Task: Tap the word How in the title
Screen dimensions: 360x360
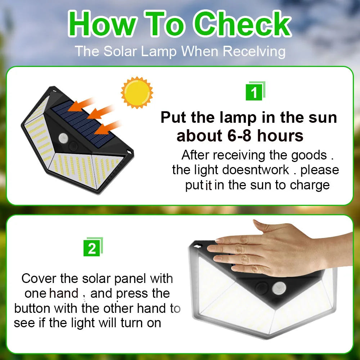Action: point(102,24)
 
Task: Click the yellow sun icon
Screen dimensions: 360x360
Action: point(137,93)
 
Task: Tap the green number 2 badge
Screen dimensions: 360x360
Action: point(92,248)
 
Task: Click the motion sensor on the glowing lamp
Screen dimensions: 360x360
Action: point(279,288)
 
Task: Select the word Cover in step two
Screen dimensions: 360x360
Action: point(38,279)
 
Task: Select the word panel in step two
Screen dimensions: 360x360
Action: point(130,279)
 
